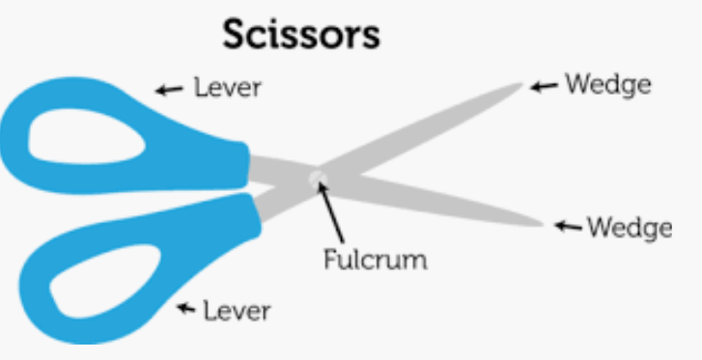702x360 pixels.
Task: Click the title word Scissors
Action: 301,35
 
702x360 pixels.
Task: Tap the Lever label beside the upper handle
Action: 228,87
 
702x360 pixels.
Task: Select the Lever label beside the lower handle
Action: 237,310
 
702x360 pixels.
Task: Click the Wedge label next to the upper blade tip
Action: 608,85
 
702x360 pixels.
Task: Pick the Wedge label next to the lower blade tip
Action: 630,229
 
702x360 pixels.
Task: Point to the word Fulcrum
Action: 376,259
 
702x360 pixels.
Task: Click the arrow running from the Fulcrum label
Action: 331,212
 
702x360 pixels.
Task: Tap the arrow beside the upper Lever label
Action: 169,90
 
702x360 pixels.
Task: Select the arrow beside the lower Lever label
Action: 185,308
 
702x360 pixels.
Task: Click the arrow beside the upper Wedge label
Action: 544,86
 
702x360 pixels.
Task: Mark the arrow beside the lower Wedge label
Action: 568,227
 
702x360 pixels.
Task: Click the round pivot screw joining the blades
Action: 318,180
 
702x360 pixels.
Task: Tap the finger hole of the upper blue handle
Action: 85,136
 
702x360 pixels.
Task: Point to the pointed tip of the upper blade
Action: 522,84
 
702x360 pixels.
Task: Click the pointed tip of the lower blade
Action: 543,225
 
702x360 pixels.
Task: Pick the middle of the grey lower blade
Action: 430,197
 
